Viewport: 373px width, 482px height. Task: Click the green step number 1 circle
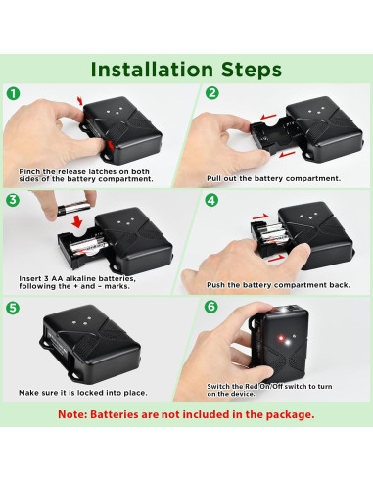(x=13, y=93)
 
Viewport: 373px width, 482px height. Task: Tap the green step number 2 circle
(x=212, y=93)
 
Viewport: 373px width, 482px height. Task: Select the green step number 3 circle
(x=13, y=200)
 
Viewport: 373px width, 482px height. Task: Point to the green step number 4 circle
(x=211, y=200)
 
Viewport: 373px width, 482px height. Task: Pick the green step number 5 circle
(x=13, y=308)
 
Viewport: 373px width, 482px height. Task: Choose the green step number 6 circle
(x=211, y=307)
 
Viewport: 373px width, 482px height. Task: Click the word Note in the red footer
(x=70, y=414)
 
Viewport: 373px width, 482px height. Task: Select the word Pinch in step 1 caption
(x=29, y=171)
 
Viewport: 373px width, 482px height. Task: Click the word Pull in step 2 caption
(x=213, y=178)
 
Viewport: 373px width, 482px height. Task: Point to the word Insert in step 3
(x=29, y=278)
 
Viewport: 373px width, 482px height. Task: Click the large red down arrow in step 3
(x=77, y=221)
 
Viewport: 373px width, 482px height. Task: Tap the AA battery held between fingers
(x=73, y=209)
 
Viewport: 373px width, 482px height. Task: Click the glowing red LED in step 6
(x=280, y=337)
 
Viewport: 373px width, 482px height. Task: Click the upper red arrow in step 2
(x=268, y=117)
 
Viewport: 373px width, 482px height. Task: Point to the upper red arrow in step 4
(x=260, y=217)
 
